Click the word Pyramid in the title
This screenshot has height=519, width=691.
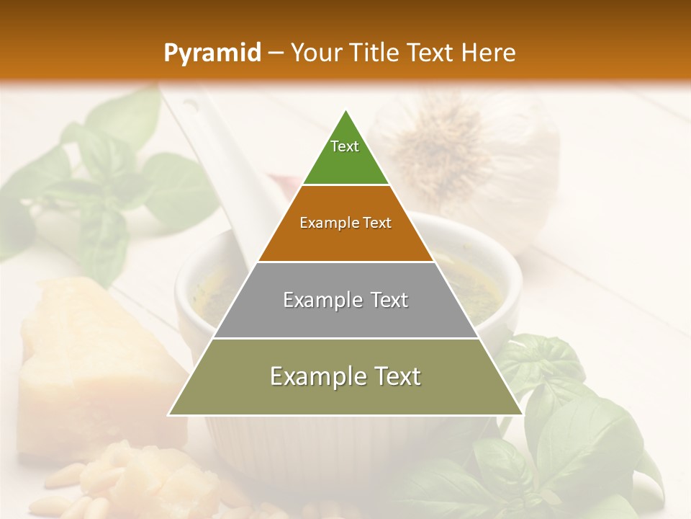pos(212,53)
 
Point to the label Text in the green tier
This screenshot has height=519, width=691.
pos(345,146)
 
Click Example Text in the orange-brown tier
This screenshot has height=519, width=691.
pos(345,223)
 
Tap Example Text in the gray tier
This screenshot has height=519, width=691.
pos(345,300)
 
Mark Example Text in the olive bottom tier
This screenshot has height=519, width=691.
pos(345,376)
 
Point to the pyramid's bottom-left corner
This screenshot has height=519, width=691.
pos(169,414)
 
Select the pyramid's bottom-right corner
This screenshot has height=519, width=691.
pos(523,414)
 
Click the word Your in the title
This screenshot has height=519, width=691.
pos(315,53)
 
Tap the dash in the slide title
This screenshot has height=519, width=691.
pos(276,53)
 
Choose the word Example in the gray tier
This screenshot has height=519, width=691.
pos(322,300)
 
